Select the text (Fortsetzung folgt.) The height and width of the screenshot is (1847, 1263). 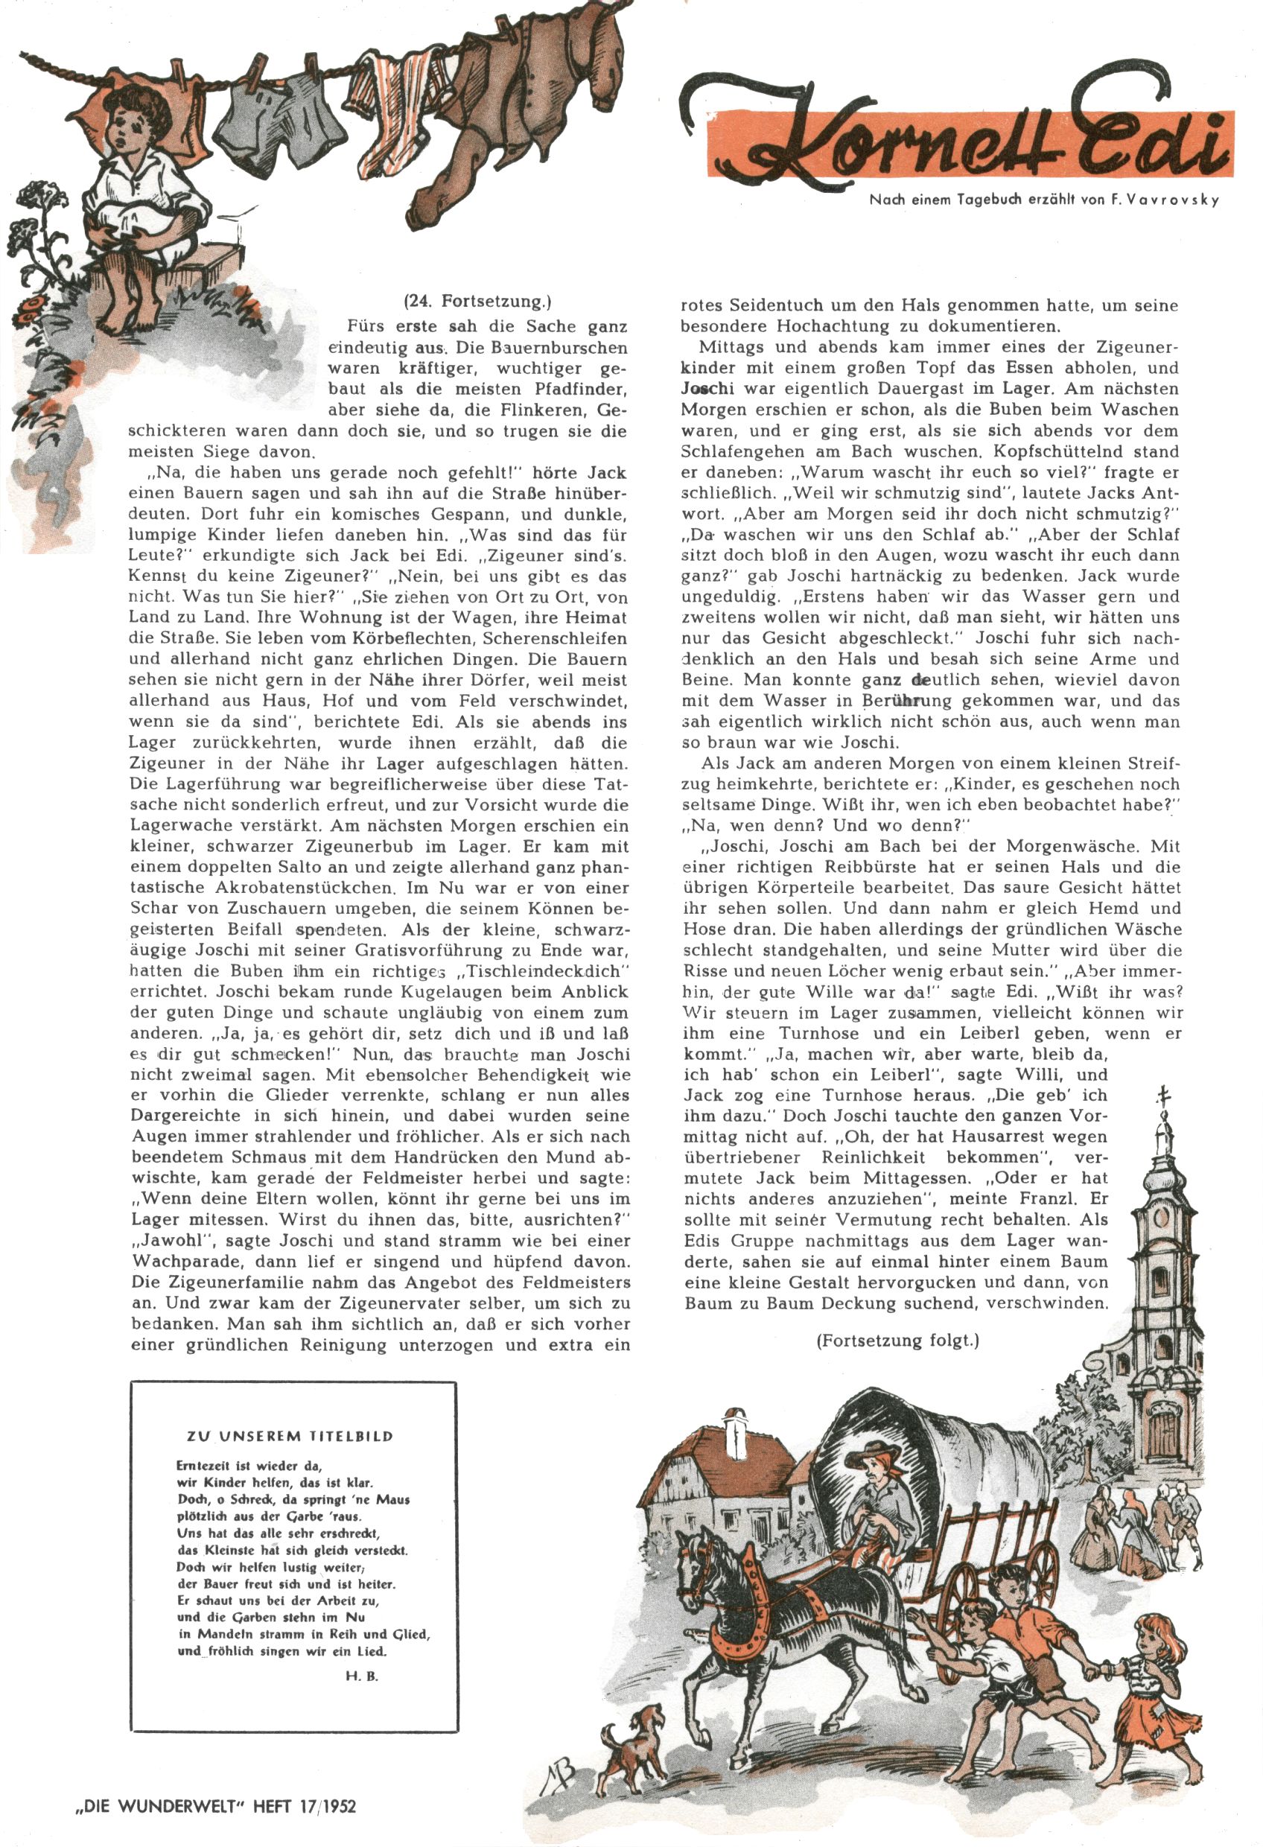pyautogui.click(x=897, y=1341)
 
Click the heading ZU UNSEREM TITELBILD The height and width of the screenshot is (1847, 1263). pyautogui.click(x=290, y=1436)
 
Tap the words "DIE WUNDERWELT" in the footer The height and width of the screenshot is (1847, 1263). pyautogui.click(x=158, y=1807)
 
